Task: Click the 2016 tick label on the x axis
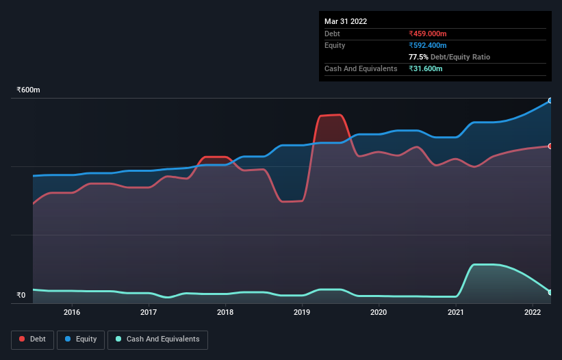(x=72, y=312)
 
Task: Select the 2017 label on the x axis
(x=149, y=312)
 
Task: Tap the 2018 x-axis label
(x=225, y=312)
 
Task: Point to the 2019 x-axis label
(x=302, y=312)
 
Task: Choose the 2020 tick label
(x=379, y=312)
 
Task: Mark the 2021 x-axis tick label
(x=455, y=312)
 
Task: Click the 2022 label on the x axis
(x=532, y=312)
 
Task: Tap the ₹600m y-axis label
(x=29, y=90)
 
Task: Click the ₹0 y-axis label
(x=21, y=296)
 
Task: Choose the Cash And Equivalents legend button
(x=157, y=339)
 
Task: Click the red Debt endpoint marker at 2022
(x=550, y=146)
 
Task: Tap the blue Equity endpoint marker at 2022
(x=550, y=101)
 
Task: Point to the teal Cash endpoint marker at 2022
(x=550, y=292)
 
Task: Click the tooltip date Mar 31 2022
(x=346, y=21)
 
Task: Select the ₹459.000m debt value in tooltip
(x=427, y=34)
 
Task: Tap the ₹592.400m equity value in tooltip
(x=427, y=45)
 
